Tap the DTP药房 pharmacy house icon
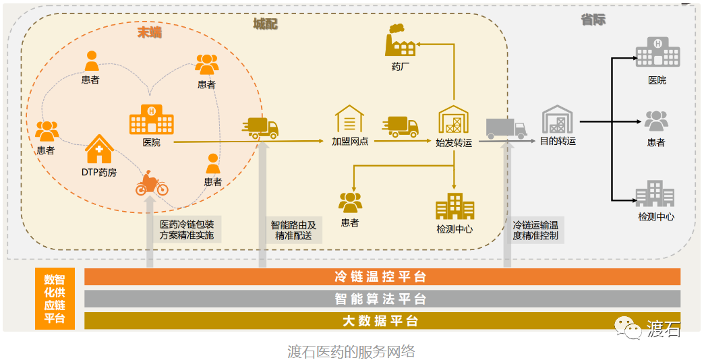(98, 149)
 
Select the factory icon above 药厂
(401, 41)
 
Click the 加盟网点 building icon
(349, 120)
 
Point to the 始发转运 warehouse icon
(453, 120)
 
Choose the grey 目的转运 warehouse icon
(558, 120)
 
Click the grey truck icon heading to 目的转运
(505, 127)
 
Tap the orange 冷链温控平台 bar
(382, 277)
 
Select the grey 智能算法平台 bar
(382, 299)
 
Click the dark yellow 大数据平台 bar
(382, 321)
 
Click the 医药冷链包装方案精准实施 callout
(187, 230)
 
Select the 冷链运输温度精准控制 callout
(535, 230)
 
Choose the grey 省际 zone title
(593, 20)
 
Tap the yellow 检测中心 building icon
(454, 206)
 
